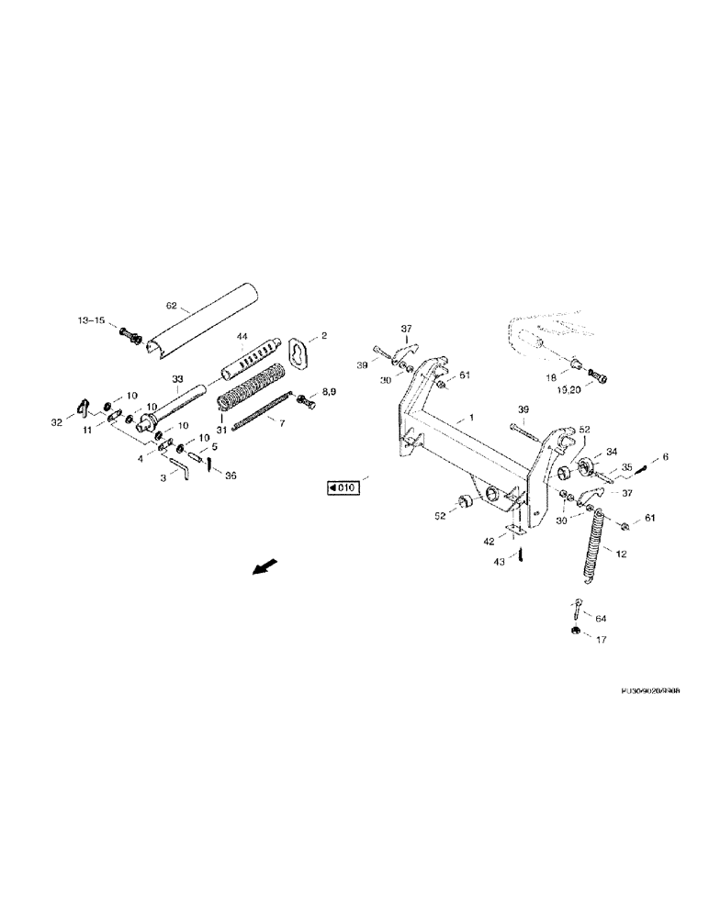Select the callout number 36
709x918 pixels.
point(231,475)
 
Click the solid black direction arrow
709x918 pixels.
point(264,568)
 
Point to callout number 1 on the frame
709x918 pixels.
point(472,418)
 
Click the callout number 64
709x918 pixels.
point(602,619)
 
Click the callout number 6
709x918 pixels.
point(666,457)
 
